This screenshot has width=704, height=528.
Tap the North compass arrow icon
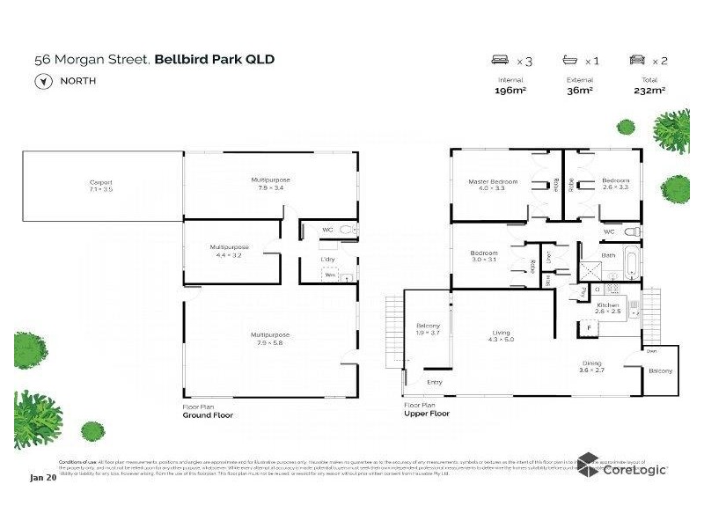pos(40,81)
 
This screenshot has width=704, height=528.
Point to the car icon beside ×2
pos(637,61)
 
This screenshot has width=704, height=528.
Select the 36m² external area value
pos(580,90)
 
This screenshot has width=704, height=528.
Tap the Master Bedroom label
pos(493,184)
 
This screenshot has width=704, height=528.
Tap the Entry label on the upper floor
pos(435,382)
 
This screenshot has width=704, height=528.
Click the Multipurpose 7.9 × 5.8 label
pos(269,338)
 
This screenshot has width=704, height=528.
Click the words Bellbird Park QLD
pos(215,59)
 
